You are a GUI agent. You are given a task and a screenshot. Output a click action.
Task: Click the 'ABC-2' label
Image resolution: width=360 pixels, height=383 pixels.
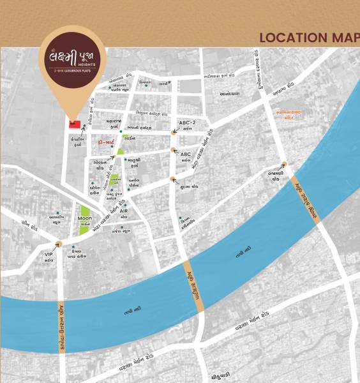187,123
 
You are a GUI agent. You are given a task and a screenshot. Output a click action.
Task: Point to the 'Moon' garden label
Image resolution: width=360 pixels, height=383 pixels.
85,218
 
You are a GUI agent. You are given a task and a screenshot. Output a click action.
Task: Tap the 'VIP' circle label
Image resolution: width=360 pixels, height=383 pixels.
49,254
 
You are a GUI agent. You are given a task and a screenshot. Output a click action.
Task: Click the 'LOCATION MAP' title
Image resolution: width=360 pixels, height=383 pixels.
309,38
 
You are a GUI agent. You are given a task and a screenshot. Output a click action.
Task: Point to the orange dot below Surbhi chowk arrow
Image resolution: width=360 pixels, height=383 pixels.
172,180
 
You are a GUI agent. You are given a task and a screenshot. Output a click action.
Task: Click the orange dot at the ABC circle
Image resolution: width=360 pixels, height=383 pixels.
174,151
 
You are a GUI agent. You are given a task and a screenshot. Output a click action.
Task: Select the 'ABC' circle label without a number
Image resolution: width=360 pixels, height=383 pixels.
186,154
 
